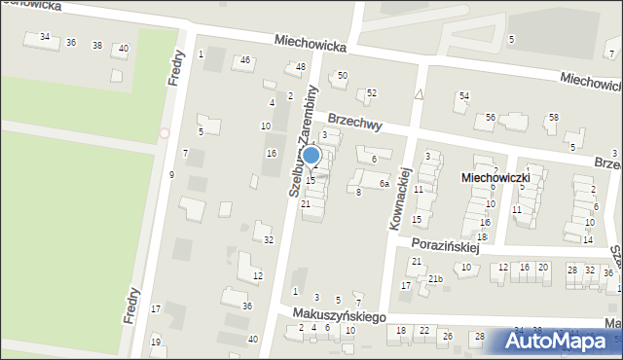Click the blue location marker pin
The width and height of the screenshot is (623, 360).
pyautogui.click(x=311, y=156)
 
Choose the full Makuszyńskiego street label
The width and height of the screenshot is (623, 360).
pyautogui.click(x=341, y=317)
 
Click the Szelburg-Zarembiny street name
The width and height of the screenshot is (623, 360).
pyautogui.click(x=304, y=141)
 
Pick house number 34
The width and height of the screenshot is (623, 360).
pyautogui.click(x=44, y=37)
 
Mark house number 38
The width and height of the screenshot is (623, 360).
pyautogui.click(x=96, y=45)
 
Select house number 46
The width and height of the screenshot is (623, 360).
pyautogui.click(x=245, y=60)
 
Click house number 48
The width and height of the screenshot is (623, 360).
pyautogui.click(x=300, y=66)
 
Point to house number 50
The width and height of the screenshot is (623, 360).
pyautogui.click(x=342, y=75)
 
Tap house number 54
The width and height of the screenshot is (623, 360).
pyautogui.click(x=464, y=95)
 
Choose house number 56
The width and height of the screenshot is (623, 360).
pyautogui.click(x=491, y=117)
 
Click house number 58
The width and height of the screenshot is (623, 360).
pyautogui.click(x=553, y=117)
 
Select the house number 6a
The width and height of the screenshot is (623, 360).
pyautogui.click(x=385, y=183)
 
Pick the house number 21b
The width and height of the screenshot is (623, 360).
pyautogui.click(x=435, y=279)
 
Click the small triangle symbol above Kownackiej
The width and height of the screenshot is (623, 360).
pyautogui.click(x=419, y=94)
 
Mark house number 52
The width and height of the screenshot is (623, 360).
pyautogui.click(x=372, y=92)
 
